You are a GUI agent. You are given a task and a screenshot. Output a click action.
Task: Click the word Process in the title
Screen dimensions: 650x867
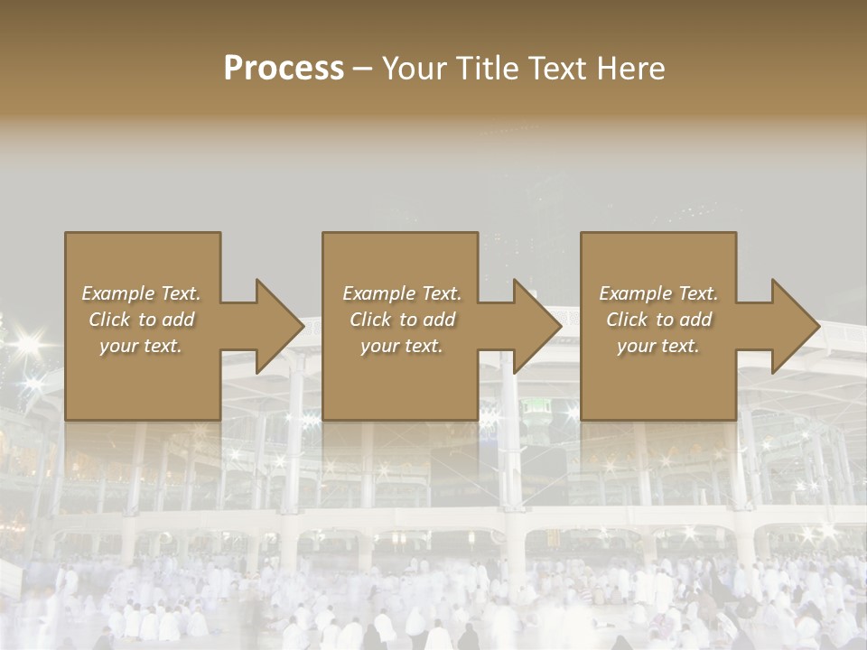coord(284,69)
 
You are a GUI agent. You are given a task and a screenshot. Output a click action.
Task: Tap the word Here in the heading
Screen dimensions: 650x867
coord(630,69)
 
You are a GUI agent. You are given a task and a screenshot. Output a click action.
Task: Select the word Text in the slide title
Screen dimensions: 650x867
coord(560,69)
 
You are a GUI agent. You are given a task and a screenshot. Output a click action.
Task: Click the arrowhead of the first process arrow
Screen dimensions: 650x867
coord(279,326)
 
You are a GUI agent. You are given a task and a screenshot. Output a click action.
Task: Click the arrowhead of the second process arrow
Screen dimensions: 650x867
coord(537,326)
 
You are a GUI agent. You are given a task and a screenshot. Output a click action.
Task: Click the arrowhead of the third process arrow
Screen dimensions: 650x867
coord(795,326)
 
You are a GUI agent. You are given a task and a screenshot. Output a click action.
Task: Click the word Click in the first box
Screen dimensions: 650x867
coord(109,320)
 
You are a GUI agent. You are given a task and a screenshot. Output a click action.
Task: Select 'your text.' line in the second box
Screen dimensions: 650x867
coord(401,346)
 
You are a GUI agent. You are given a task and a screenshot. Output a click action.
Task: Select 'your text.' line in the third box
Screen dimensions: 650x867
coord(657,346)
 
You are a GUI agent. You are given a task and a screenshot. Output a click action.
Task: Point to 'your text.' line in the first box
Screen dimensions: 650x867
coord(140,346)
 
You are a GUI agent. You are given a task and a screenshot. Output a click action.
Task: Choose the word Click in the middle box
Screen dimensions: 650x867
coord(370,320)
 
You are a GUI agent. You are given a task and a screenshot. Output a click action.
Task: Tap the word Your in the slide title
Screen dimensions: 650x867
coord(415,69)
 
